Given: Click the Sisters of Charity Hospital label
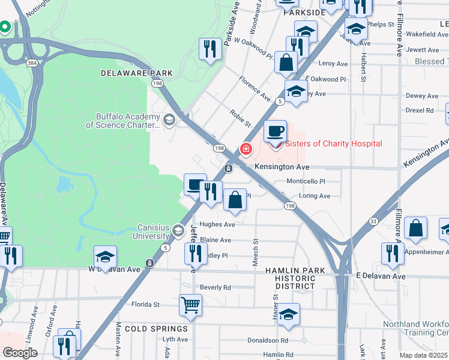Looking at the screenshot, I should point(333,143).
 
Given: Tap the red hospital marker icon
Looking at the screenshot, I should point(246,148).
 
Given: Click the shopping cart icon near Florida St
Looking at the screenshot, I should point(190,305).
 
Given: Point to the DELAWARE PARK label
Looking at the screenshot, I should point(137,73).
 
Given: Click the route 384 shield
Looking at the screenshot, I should point(29,62).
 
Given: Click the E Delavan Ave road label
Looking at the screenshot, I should point(381,276).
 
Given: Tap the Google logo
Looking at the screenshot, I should point(20,353).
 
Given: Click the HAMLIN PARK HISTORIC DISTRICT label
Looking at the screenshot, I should point(295,278).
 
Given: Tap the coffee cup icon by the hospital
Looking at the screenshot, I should point(276,131).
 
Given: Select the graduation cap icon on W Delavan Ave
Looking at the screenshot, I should point(105,257).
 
